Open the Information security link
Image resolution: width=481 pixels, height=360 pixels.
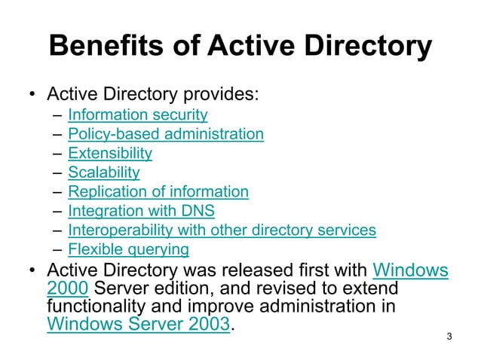click(x=137, y=115)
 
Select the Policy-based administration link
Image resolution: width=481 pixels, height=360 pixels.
click(x=166, y=134)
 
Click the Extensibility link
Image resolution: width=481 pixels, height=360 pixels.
click(x=110, y=153)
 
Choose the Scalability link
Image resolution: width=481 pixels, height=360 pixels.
click(x=104, y=172)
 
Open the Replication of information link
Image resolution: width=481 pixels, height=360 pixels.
click(x=158, y=191)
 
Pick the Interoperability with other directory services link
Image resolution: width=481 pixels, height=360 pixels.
click(x=222, y=230)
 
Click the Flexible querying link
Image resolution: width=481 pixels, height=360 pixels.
click(x=128, y=249)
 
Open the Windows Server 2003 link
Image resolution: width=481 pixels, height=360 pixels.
click(x=138, y=325)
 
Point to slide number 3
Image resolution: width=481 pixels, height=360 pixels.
click(x=449, y=335)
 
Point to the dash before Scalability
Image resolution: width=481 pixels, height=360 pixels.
click(x=58, y=172)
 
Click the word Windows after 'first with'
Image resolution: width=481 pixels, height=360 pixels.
click(x=411, y=270)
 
